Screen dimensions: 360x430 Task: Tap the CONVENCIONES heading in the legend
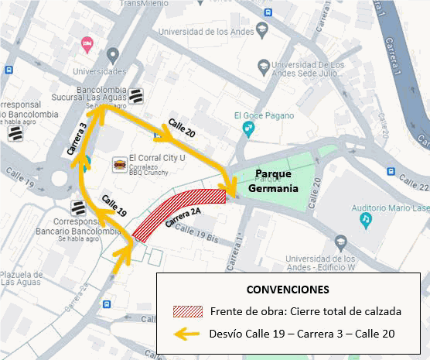(287, 290)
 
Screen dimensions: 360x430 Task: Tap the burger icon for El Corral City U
(120, 165)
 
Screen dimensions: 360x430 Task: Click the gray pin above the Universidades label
(114, 55)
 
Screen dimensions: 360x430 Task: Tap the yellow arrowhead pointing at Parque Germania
(229, 187)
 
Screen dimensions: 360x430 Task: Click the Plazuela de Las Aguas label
(22, 278)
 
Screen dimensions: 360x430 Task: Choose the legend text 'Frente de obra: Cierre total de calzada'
(305, 312)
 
